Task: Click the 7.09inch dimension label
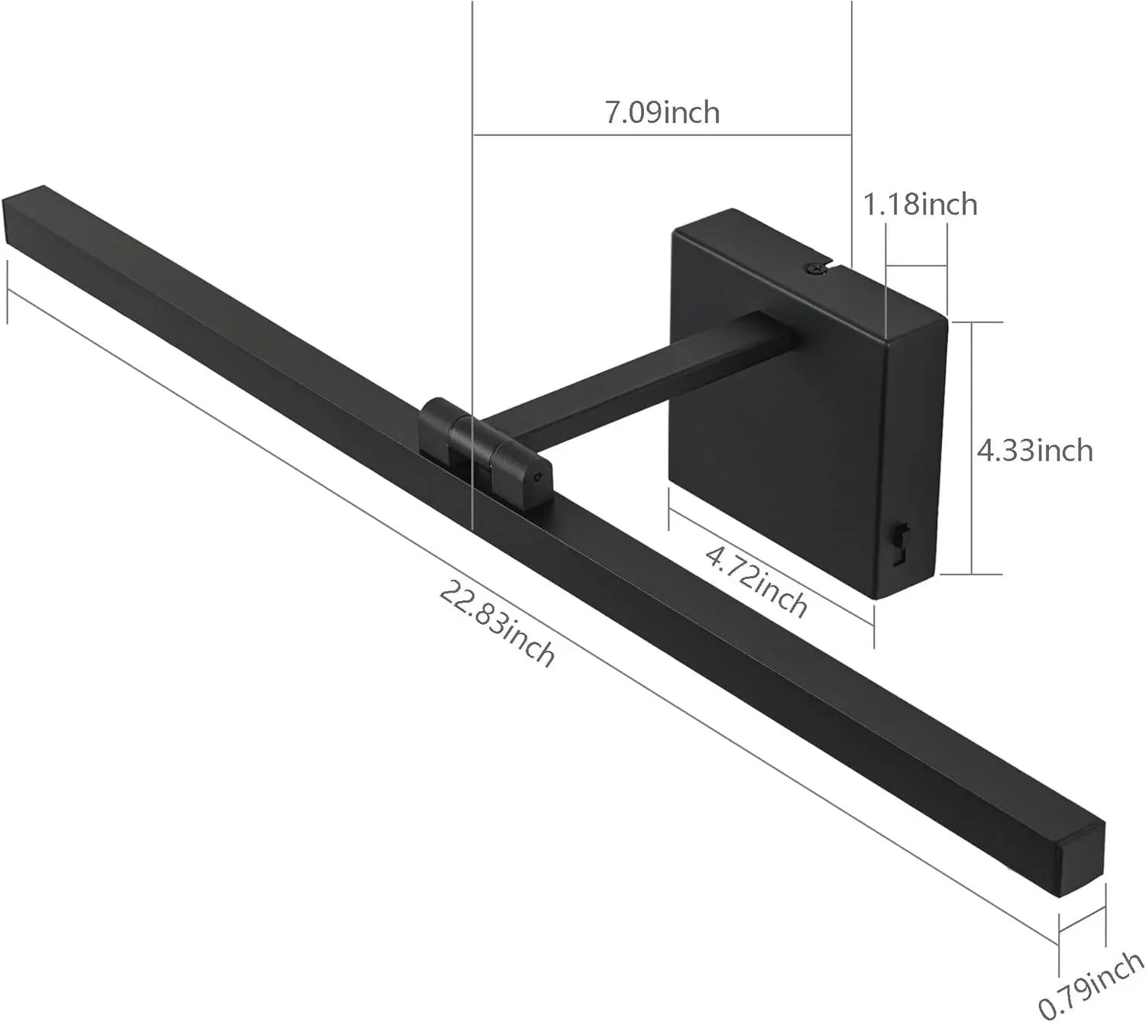(662, 112)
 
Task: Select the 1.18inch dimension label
(920, 205)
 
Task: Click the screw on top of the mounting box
(815, 267)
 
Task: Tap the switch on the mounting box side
(902, 541)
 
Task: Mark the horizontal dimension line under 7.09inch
(662, 135)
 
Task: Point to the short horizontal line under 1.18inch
(916, 267)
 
